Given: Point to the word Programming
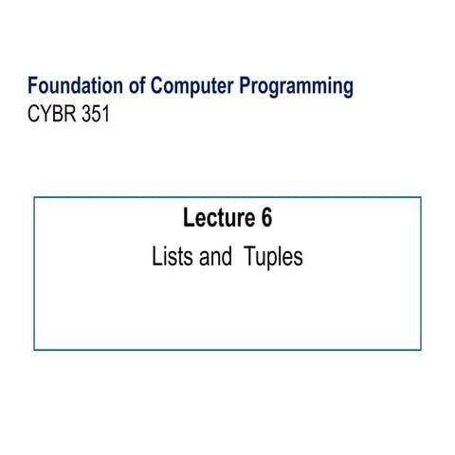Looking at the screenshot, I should [x=296, y=88].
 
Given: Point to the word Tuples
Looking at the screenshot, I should [x=273, y=258].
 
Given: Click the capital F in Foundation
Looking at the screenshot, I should [x=33, y=86].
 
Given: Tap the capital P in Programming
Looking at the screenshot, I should [x=246, y=86].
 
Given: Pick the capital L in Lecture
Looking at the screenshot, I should [x=188, y=219].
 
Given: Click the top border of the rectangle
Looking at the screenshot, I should [x=227, y=197].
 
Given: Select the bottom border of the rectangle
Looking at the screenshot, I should [x=227, y=350].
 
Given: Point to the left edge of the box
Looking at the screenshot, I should [x=34, y=273].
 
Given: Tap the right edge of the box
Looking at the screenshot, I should [x=421, y=273].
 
